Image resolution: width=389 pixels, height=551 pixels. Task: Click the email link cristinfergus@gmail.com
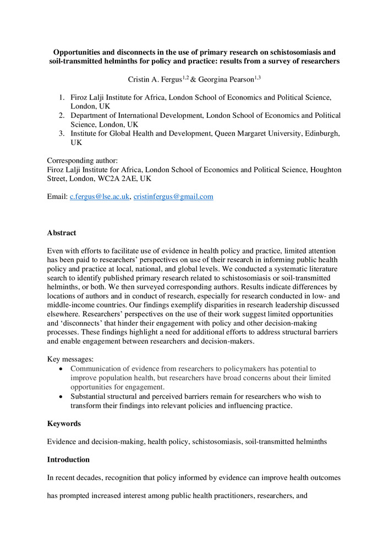pyautogui.click(x=173, y=197)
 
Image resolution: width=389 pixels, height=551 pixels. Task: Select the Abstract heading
pyautogui.click(x=62, y=233)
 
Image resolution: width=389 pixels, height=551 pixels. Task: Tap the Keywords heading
pyautogui.click(x=63, y=424)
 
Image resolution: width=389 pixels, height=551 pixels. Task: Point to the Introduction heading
pyautogui.click(x=68, y=460)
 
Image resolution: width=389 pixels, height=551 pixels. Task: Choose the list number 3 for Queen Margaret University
pyautogui.click(x=62, y=133)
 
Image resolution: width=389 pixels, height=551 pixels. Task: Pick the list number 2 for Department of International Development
pyautogui.click(x=62, y=115)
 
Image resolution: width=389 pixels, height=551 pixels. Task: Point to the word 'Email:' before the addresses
pyautogui.click(x=57, y=197)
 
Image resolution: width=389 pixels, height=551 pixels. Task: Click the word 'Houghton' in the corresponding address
pyautogui.click(x=325, y=170)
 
